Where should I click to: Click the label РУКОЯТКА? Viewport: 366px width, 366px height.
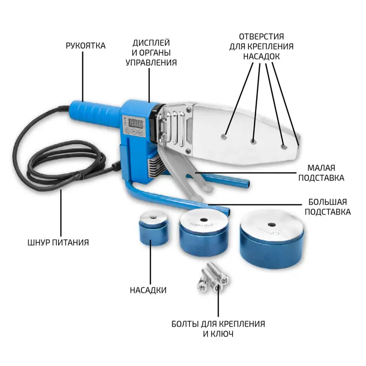click(86, 45)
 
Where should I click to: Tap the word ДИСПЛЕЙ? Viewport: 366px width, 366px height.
click(151, 43)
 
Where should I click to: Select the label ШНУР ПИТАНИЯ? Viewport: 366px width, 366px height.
click(58, 242)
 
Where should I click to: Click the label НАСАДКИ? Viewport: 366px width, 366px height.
click(148, 290)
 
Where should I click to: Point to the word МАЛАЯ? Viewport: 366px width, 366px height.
click(321, 168)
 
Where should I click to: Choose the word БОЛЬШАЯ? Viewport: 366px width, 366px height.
click(328, 202)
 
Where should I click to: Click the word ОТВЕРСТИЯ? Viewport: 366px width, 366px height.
click(261, 37)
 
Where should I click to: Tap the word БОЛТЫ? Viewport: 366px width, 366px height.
click(185, 324)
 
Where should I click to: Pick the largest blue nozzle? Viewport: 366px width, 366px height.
click(272, 239)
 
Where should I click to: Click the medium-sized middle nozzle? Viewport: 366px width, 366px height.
click(204, 233)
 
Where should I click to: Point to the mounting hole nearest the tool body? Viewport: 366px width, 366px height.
click(224, 136)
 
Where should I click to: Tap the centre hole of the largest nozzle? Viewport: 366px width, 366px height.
click(271, 225)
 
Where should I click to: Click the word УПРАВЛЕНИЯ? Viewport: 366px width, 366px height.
click(151, 63)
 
